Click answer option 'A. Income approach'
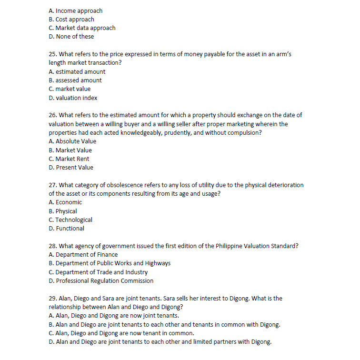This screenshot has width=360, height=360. (x=75, y=10)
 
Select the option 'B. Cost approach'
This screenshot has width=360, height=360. (x=71, y=19)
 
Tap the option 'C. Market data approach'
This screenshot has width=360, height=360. (x=82, y=28)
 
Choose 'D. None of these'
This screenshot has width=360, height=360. (x=71, y=36)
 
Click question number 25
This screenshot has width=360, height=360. (x=53, y=54)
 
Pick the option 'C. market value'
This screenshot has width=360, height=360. (x=70, y=89)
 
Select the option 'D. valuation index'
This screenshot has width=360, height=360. (x=73, y=98)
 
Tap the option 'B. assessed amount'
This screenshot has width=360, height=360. (x=75, y=80)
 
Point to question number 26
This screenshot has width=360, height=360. (x=53, y=115)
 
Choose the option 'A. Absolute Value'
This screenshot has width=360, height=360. (x=72, y=141)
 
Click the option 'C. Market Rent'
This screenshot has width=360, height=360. (x=69, y=159)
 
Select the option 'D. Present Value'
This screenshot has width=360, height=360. (x=71, y=167)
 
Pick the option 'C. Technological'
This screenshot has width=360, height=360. (x=70, y=220)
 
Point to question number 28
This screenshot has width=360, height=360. (x=53, y=246)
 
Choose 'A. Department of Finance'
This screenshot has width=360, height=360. (x=83, y=254)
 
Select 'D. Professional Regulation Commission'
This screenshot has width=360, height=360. (x=101, y=281)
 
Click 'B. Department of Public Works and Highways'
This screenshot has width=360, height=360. (x=110, y=263)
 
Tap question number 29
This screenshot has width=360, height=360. (x=53, y=298)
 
